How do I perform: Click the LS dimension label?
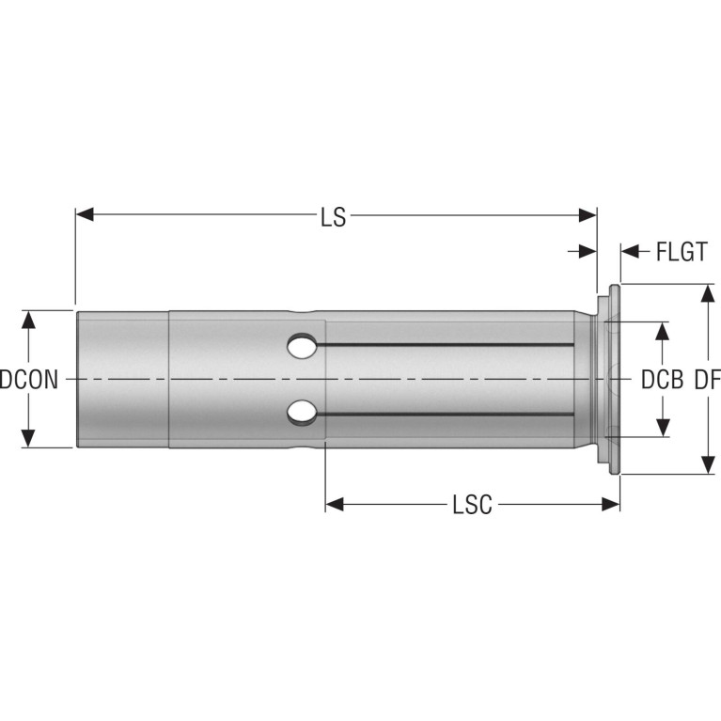coord(334,217)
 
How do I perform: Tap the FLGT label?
coord(682,252)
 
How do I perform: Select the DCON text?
coord(29,381)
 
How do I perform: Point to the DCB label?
coord(662,381)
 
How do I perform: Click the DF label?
coord(707,381)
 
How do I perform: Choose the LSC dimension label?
coord(472,505)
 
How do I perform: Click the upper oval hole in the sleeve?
coord(302,346)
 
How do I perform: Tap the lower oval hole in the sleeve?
coord(302,412)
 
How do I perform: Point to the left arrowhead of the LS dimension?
coord(85,214)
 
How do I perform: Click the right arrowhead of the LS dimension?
coord(588,214)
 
